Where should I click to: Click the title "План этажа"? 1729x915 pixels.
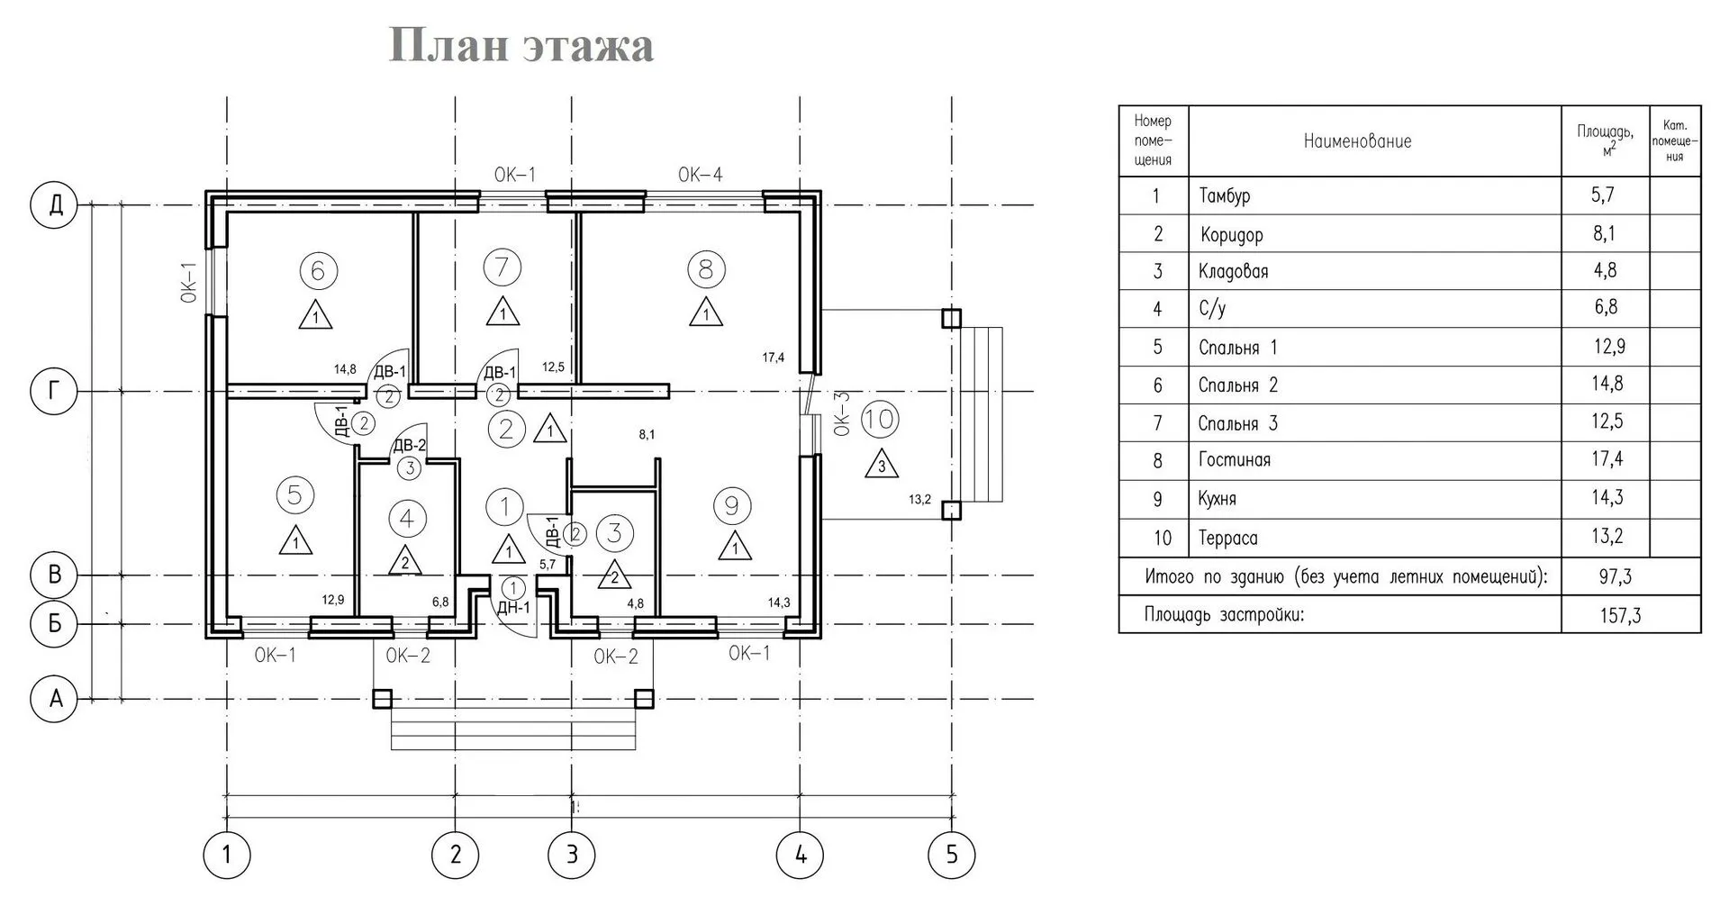tap(521, 45)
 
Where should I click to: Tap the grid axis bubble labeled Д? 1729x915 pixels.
tap(56, 205)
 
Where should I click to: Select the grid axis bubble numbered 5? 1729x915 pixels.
tap(952, 853)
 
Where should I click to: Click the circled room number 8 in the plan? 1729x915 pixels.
tap(705, 268)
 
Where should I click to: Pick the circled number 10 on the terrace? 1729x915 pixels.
tap(880, 419)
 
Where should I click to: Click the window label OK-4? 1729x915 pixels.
tap(701, 175)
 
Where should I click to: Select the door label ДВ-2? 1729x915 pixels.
tap(409, 445)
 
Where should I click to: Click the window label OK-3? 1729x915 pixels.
tap(842, 413)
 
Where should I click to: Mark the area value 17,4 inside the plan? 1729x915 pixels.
tap(773, 358)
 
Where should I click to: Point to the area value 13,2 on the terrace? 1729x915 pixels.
tap(919, 500)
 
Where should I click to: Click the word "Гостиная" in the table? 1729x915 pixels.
tap(1234, 460)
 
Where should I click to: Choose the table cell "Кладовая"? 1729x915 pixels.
tap(1233, 272)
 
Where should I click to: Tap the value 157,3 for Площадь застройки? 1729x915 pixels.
tap(1620, 616)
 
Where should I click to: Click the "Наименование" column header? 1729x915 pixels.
tap(1357, 141)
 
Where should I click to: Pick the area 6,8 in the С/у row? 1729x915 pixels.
tap(1606, 308)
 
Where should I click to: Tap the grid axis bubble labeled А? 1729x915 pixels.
tap(56, 698)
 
